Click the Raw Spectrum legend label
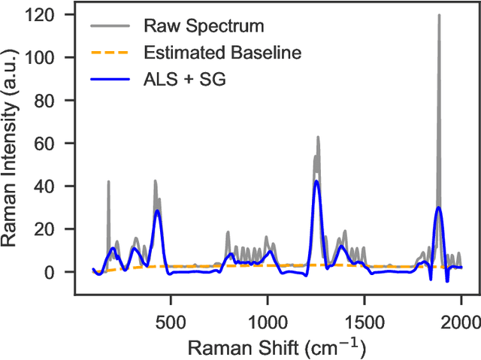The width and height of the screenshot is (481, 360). pos(204,26)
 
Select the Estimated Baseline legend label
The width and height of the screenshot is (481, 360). pos(222,52)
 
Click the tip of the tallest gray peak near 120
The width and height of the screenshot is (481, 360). pos(439,15)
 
